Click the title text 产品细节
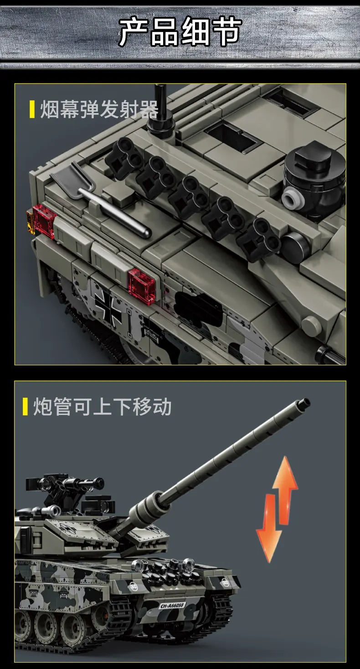tap(180, 32)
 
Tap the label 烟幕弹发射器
tap(99, 110)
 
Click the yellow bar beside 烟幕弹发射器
tap(32, 110)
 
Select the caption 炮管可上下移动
tap(102, 406)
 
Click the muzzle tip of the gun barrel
tap(303, 403)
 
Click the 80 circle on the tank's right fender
tap(225, 582)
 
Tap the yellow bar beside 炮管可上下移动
tap(26, 406)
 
